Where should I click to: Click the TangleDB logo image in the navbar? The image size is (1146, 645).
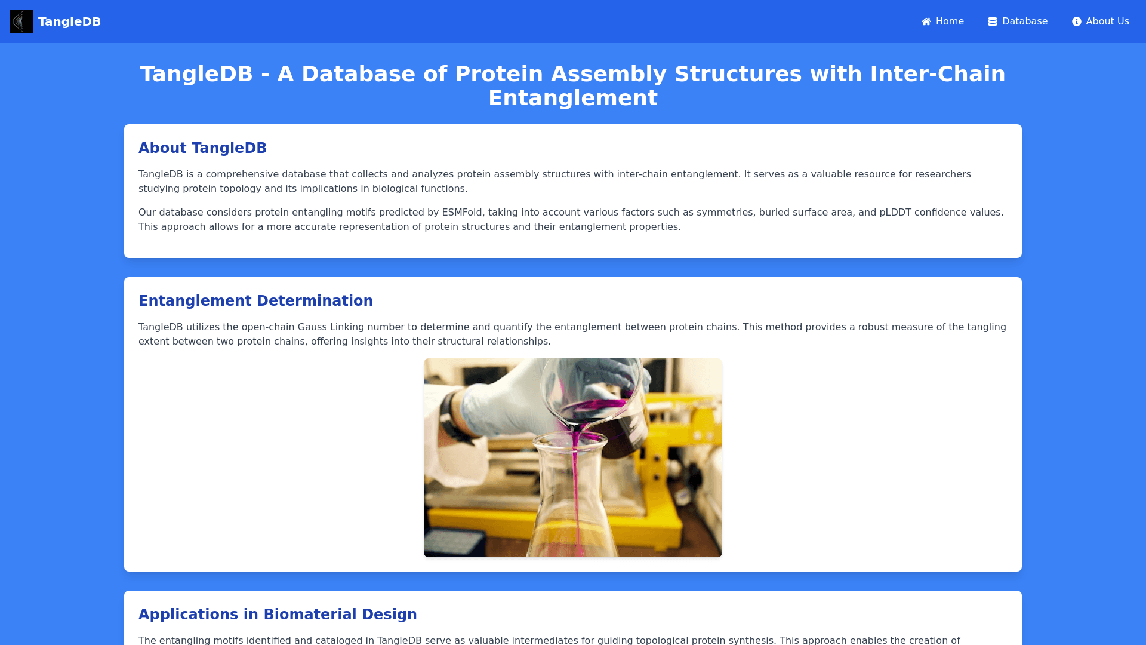[x=21, y=21]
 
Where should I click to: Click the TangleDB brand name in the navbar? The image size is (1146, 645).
[x=69, y=21]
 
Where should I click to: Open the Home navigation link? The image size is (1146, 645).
[x=942, y=21]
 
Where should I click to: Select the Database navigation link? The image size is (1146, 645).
[x=1018, y=21]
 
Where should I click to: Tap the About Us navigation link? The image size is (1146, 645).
[x=1100, y=21]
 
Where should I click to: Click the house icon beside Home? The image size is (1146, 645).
[x=926, y=21]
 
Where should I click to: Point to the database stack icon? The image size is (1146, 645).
[x=993, y=21]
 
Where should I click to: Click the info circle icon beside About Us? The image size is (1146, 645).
[x=1077, y=21]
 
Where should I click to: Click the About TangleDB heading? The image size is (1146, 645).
[x=202, y=148]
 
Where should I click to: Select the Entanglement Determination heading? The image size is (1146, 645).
[x=255, y=301]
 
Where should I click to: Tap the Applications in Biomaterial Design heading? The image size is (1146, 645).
[x=278, y=615]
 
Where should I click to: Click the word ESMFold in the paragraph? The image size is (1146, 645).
[x=462, y=213]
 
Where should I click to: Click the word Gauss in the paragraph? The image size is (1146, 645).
[x=312, y=327]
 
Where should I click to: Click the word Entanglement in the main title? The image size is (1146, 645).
[x=573, y=98]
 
